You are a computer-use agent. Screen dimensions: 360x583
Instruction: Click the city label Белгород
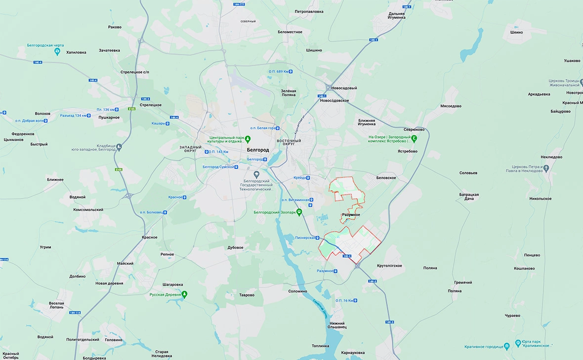[x=258, y=150]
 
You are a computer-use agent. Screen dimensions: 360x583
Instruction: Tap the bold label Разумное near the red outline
[x=351, y=215]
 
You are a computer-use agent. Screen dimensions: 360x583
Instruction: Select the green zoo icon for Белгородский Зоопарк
[x=299, y=212]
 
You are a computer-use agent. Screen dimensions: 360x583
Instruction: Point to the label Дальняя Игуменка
[x=397, y=15]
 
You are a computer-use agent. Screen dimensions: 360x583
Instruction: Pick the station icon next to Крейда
[x=308, y=178]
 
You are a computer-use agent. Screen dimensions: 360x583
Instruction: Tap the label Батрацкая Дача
[x=469, y=197]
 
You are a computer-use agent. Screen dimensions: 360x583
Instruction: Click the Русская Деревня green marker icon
[x=184, y=294]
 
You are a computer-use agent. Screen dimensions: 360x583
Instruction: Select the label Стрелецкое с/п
[x=134, y=72]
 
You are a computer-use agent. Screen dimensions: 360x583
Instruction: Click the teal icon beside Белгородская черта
[x=57, y=51]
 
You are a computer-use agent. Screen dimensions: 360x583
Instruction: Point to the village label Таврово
[x=247, y=295]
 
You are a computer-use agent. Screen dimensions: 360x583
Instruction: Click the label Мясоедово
[x=451, y=106]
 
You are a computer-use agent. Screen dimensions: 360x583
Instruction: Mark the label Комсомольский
[x=88, y=209]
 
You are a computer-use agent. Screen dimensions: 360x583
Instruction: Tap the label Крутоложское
[x=389, y=266]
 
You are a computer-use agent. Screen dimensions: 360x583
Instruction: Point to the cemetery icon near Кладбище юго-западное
[x=119, y=147]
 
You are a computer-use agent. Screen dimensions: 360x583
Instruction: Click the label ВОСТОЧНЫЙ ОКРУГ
[x=289, y=142]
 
